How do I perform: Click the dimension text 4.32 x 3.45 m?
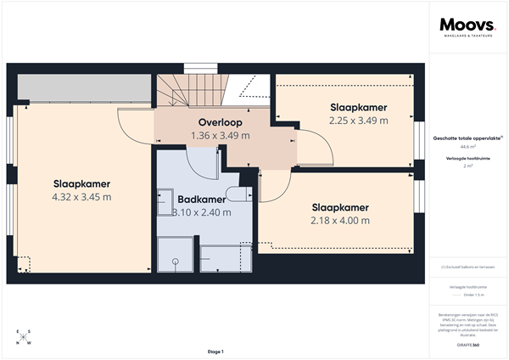coord(81,197)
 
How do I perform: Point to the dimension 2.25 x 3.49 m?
coord(358,121)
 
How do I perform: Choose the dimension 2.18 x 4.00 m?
coord(340,220)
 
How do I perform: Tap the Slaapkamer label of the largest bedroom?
coord(81,183)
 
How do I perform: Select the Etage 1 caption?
coord(215,352)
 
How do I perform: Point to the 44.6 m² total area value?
coord(467,146)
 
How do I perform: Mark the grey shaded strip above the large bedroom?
coord(81,87)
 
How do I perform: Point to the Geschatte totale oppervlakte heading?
coord(466,136)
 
